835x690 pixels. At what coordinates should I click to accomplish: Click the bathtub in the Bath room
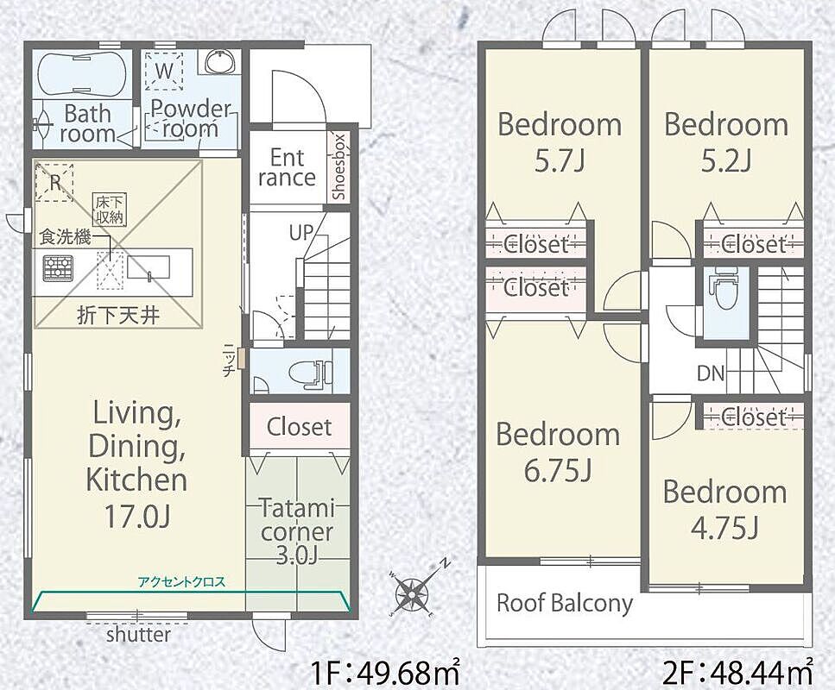(83, 74)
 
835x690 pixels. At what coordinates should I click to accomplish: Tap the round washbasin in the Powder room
(218, 61)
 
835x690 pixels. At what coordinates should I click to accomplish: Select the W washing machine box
(165, 72)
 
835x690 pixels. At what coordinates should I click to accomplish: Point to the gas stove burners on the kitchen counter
(58, 267)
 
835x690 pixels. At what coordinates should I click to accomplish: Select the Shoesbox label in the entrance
(339, 166)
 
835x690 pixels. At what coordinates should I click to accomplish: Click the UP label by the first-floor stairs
(300, 232)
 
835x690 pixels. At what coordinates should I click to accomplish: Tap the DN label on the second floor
(711, 373)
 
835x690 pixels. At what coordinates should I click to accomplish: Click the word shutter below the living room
(138, 634)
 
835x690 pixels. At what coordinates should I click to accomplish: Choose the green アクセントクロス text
(181, 582)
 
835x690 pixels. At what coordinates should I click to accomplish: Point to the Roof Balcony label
(565, 603)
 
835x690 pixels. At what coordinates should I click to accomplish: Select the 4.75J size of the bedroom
(724, 528)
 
